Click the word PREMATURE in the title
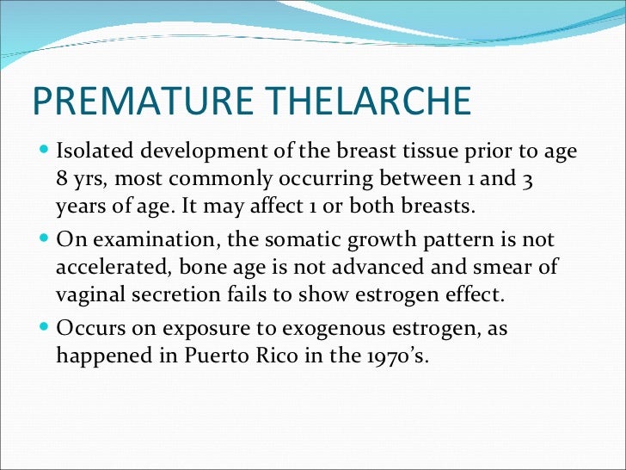click(x=139, y=102)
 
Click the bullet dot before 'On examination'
click(x=45, y=239)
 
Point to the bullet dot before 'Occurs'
click(x=45, y=325)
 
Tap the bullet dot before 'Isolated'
click(x=45, y=152)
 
